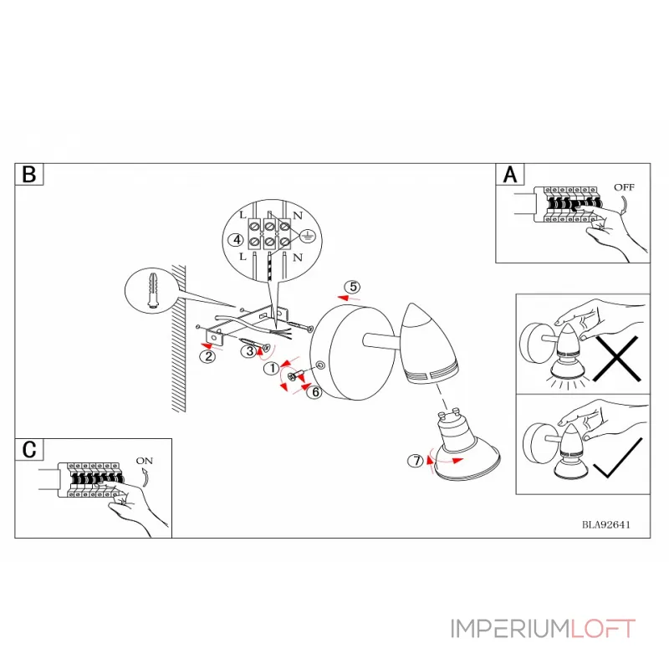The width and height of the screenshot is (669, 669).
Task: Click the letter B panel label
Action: pos(29,175)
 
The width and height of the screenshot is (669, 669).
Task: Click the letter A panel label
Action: pos(510,175)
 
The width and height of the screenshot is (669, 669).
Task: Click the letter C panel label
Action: pos(29,450)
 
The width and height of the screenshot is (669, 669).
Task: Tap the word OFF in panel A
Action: pos(624,186)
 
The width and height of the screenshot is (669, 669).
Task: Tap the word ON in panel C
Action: pos(144,461)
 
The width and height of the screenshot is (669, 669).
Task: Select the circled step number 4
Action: pos(237,240)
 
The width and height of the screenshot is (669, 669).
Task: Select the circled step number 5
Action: pos(353,287)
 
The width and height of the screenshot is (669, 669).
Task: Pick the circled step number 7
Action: pos(416,461)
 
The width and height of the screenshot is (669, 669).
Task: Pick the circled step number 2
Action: pos(208,356)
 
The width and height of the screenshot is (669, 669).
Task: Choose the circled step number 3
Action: pos(249,351)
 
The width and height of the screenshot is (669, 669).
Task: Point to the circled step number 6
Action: pos(315,391)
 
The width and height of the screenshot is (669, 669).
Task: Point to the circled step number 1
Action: pos(271,368)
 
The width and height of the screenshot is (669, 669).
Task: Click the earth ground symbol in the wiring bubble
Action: pos(307,235)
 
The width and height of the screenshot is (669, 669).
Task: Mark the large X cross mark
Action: pos(617,359)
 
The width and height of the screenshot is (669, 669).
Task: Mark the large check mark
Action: pos(617,457)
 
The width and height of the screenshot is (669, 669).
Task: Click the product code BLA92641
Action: pos(605,525)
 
